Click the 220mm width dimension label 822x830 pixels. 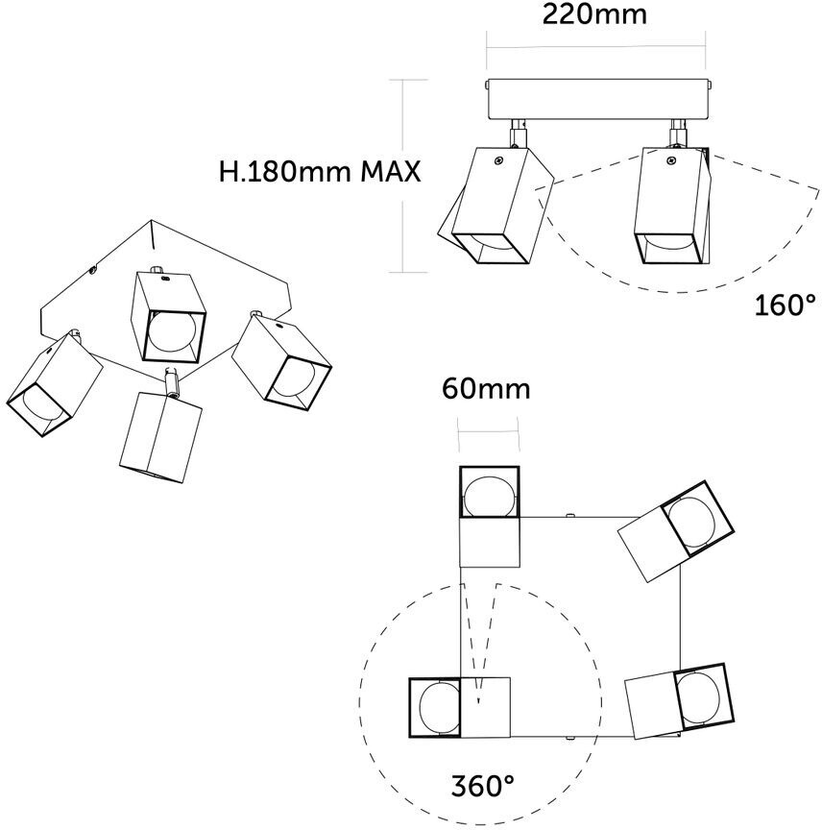[x=594, y=14]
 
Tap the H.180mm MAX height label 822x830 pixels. [x=320, y=173]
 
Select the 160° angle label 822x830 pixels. [x=784, y=306]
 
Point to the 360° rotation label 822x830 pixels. [x=484, y=786]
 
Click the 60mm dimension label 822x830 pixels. [x=486, y=389]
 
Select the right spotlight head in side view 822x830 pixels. [x=673, y=206]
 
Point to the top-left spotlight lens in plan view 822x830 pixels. [x=489, y=495]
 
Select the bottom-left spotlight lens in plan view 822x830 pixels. [x=437, y=708]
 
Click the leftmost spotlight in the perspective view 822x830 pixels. [x=53, y=384]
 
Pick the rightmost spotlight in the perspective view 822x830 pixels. [x=281, y=361]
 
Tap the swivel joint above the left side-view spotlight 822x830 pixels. [x=517, y=131]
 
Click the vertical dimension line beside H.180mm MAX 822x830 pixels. [x=403, y=173]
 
